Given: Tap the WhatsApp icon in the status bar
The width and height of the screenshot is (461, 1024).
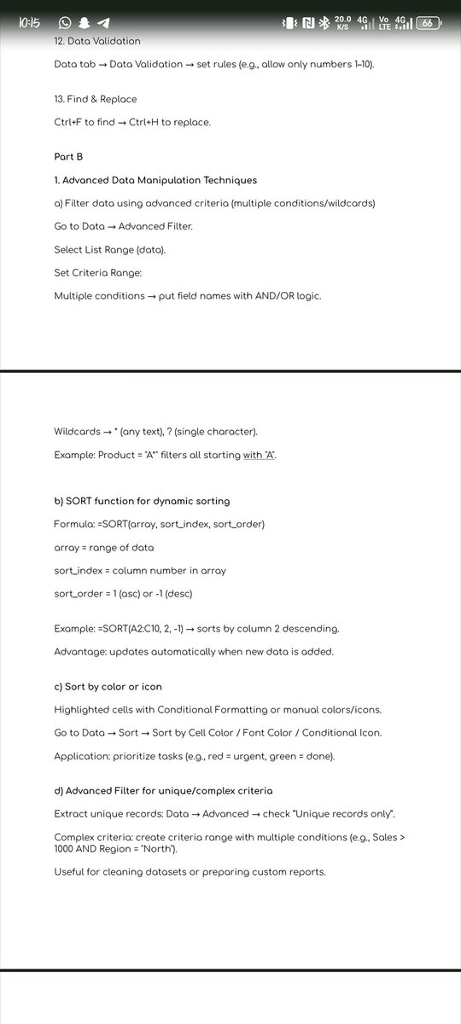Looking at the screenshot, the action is coord(65,23).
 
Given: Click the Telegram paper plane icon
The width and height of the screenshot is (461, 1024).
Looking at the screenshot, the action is coord(103,23).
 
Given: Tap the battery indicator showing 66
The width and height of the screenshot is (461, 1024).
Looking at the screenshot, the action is coord(428,23).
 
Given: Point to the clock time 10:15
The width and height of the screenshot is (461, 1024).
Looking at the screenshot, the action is coord(30,23).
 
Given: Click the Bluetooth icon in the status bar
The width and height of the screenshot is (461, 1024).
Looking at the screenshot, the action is coord(324,23).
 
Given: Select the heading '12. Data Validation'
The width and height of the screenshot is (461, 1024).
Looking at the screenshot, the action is coord(97,40).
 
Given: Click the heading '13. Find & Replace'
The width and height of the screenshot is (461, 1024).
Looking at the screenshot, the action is coord(96,99).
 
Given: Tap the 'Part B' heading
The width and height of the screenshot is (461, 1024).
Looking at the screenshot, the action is coord(68,157).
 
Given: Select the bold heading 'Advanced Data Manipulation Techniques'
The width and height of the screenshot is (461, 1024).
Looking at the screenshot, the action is coord(160,180).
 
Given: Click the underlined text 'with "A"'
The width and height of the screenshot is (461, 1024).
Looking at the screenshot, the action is coord(260,455).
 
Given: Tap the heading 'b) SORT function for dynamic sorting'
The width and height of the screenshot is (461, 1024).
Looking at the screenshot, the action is coord(142,501).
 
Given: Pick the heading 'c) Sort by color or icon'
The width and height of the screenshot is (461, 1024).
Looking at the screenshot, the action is coord(108,686).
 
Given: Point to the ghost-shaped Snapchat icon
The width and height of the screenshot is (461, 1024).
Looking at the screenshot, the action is coord(85,23).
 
